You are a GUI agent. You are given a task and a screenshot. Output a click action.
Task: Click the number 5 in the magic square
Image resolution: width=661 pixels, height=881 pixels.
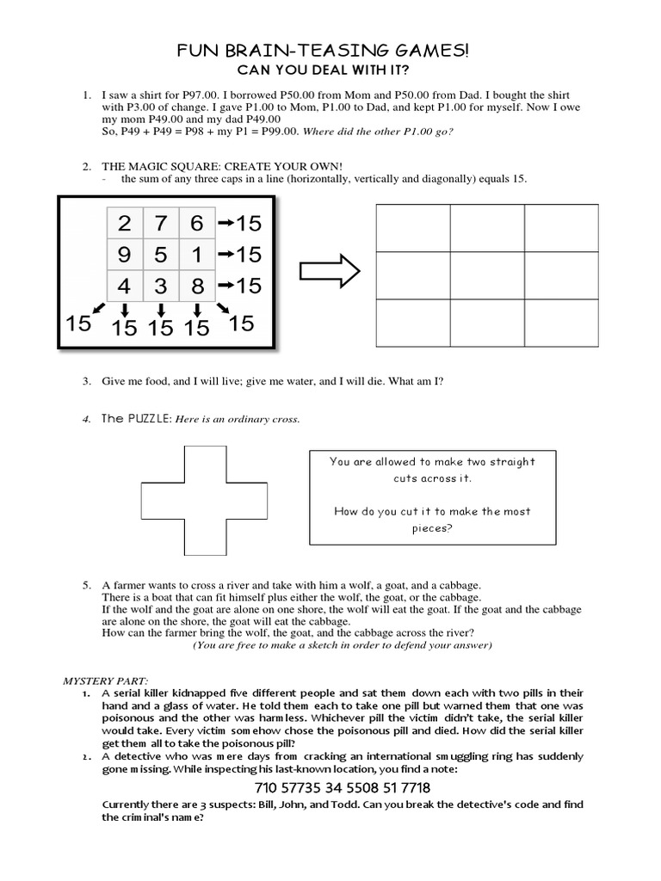pyautogui.click(x=161, y=256)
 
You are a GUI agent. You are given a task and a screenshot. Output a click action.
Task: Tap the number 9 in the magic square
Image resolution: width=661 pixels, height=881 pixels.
pyautogui.click(x=125, y=256)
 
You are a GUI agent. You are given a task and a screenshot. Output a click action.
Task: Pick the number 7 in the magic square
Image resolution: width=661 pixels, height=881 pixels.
pyautogui.click(x=161, y=225)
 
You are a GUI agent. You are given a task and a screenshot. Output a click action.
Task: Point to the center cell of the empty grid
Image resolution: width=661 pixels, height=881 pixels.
pyautogui.click(x=486, y=276)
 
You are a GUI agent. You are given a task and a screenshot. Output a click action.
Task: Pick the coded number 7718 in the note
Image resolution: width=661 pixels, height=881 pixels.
pyautogui.click(x=437, y=788)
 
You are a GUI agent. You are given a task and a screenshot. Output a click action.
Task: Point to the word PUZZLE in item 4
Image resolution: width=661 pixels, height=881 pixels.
pyautogui.click(x=150, y=419)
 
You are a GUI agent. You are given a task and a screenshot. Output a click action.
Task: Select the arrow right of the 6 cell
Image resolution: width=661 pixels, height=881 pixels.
pyautogui.click(x=225, y=225)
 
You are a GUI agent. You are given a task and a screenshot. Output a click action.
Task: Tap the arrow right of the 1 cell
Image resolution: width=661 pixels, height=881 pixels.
pyautogui.click(x=225, y=256)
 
